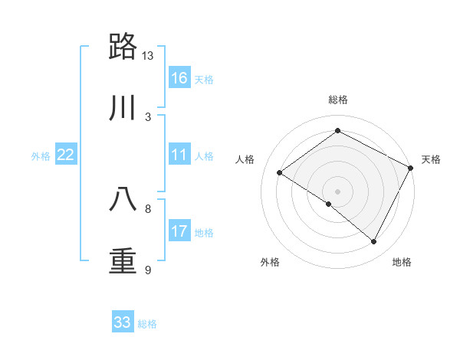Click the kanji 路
pyautogui.click(x=124, y=47)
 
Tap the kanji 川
pyautogui.click(x=124, y=109)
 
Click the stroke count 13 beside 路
pyautogui.click(x=148, y=56)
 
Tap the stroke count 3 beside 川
pyautogui.click(x=148, y=117)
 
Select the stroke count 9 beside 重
pyautogui.click(x=148, y=270)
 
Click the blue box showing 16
pyautogui.click(x=179, y=78)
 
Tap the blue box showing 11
pyautogui.click(x=179, y=155)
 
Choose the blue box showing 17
pyautogui.click(x=179, y=231)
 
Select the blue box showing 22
pyautogui.click(x=66, y=155)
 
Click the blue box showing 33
pyautogui.click(x=123, y=322)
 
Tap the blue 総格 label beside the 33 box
pyautogui.click(x=147, y=324)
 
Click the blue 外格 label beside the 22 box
pyautogui.click(x=41, y=156)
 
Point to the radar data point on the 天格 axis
pyautogui.click(x=411, y=168)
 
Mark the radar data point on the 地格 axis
pyautogui.click(x=374, y=242)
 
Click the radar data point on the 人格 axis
pyautogui.click(x=279, y=172)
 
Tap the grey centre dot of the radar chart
pyautogui.click(x=337, y=191)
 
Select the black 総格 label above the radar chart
pyautogui.click(x=337, y=100)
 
